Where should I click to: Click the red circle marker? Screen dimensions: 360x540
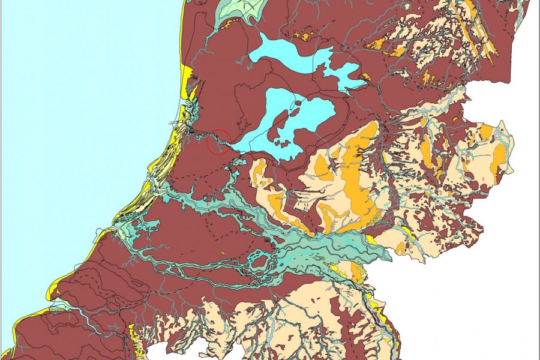pos(218,142)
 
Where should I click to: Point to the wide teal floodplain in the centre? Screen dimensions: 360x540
pos(324,246)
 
